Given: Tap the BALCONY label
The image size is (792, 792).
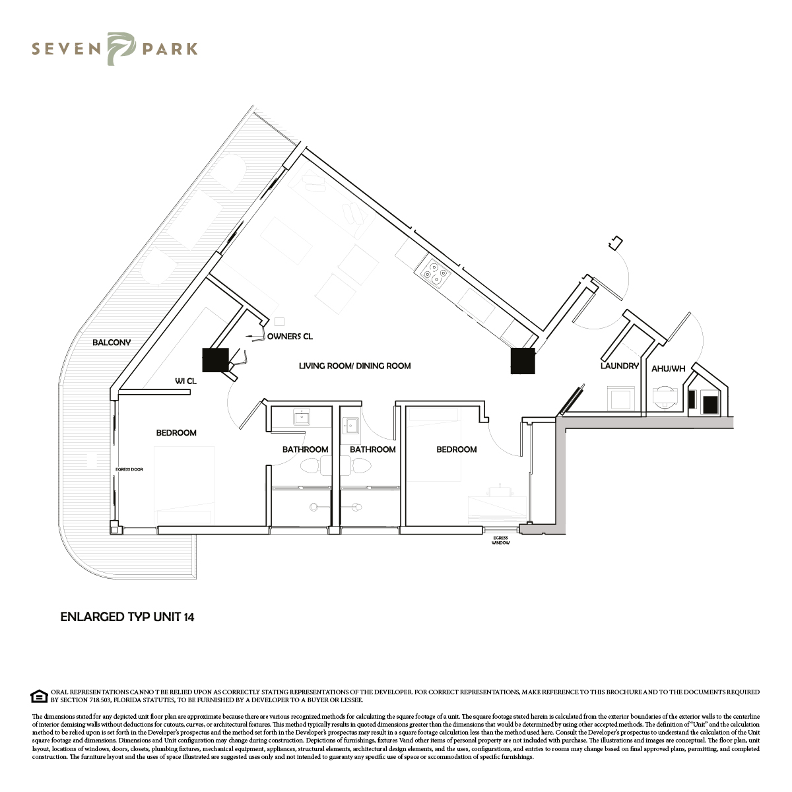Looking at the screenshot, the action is coord(112,343).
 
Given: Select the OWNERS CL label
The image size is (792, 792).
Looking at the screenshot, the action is coord(290,337).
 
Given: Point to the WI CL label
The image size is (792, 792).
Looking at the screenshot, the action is coord(185,381).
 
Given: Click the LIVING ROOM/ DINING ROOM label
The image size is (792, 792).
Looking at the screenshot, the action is coord(354,366).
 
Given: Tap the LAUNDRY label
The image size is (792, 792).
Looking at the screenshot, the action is coord(620,366).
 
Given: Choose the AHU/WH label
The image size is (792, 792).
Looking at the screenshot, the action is coord(669,369).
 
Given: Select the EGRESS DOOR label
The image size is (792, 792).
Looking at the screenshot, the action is coord(129,469).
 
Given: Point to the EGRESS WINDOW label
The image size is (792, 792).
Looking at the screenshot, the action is coord(500,541).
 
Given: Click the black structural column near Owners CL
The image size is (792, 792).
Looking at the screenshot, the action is coord(215,360).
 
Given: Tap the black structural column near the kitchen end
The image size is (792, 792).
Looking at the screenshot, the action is coord(523,361).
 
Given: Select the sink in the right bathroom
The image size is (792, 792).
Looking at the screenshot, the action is coord(351,426).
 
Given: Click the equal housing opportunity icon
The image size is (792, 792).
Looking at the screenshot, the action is coord(40,696).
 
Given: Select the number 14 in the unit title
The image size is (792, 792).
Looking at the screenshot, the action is coord(189,617).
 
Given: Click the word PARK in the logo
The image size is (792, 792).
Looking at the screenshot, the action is coord(170,49).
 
